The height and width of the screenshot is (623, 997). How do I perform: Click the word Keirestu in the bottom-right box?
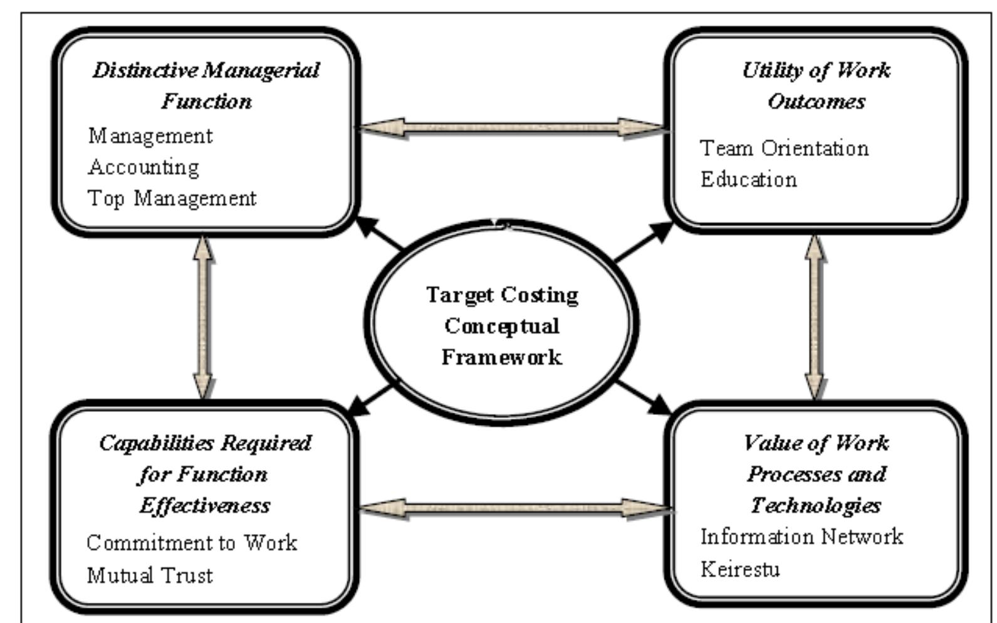point(740,569)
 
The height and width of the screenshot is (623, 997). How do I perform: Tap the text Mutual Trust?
point(150,575)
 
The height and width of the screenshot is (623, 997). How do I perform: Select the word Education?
point(748,179)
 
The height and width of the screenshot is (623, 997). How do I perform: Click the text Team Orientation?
point(784,149)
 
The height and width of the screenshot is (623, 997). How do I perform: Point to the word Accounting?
point(144,167)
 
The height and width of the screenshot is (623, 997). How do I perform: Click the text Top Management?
point(172,198)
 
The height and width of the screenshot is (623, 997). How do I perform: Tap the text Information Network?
point(801,537)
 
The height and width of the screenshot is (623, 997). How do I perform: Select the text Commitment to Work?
point(192,542)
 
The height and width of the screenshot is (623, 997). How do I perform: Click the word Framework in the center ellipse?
point(501,357)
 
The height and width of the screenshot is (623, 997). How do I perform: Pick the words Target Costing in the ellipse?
point(502,295)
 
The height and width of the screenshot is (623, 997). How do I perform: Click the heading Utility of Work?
point(816,70)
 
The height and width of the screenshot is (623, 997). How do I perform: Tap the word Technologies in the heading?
point(815,505)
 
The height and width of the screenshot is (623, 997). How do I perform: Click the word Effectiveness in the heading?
point(205,505)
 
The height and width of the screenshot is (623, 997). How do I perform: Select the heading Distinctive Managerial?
point(206,70)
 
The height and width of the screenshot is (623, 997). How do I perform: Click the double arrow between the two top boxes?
point(512,128)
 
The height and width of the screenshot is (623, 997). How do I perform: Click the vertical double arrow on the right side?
point(815,317)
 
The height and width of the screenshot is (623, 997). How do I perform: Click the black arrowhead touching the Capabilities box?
point(358,407)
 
